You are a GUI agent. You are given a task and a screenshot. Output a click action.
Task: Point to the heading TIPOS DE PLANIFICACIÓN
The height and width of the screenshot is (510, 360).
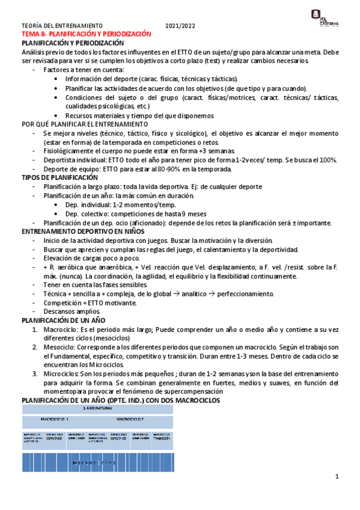(x=59, y=178)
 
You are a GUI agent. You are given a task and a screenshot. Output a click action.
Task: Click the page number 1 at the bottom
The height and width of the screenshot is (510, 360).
(x=337, y=477)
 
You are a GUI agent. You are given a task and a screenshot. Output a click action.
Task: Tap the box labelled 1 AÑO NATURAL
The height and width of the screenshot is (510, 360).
(x=97, y=408)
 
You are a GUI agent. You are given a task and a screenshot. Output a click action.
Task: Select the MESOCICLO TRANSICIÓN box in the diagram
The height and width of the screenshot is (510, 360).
(x=162, y=437)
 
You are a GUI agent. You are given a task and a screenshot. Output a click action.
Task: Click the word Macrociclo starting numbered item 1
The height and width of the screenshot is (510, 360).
(x=59, y=330)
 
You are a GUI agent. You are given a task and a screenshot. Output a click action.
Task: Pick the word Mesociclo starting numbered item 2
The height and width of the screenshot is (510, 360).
(x=58, y=348)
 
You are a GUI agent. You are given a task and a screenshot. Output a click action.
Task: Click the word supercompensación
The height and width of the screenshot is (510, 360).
(x=192, y=392)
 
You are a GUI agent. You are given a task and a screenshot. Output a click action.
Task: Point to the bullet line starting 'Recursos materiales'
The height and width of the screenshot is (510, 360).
(x=139, y=115)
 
